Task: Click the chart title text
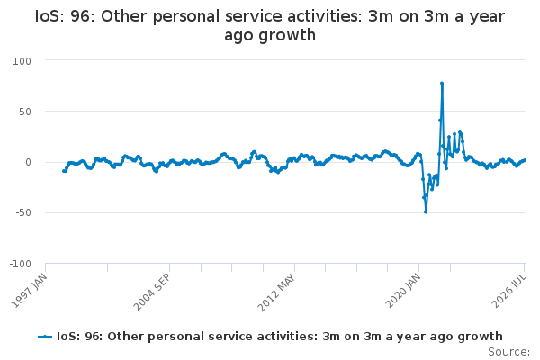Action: [x=270, y=25]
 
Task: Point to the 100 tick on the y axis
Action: [x=22, y=61]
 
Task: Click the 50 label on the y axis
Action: [x=25, y=112]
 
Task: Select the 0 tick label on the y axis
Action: [x=28, y=162]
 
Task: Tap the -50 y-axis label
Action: [x=23, y=213]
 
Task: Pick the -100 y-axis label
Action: [x=21, y=265]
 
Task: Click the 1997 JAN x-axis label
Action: [x=29, y=291]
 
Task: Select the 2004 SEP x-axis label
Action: [x=151, y=292]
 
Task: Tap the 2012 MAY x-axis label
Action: [x=276, y=292]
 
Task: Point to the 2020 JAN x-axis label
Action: [x=403, y=291]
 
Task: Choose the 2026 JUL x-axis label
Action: [x=509, y=291]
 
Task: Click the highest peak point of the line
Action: [x=442, y=84]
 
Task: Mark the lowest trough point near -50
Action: [x=426, y=211]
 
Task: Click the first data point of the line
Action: [x=64, y=171]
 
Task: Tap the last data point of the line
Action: [x=525, y=160]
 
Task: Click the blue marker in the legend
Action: [x=45, y=337]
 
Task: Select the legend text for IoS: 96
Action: [x=280, y=337]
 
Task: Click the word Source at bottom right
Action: [x=508, y=352]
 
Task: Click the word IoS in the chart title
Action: [x=49, y=16]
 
